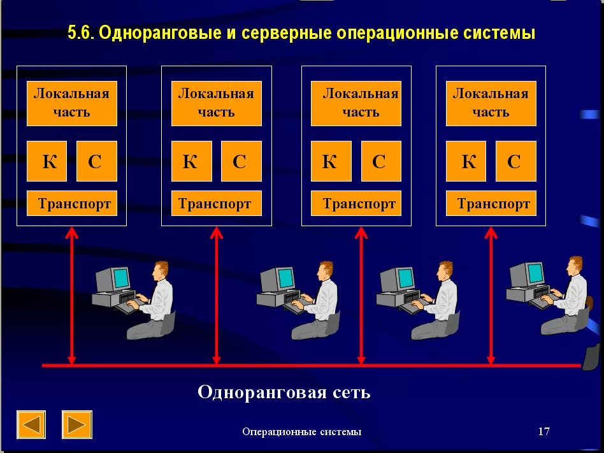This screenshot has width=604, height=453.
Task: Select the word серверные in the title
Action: [284, 33]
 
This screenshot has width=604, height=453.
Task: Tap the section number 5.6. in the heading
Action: [82, 33]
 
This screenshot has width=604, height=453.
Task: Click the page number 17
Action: [543, 431]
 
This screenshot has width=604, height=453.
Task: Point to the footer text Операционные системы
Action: [302, 432]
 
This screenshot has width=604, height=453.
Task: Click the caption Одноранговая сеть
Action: [284, 391]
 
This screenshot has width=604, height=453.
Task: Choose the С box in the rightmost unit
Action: [515, 161]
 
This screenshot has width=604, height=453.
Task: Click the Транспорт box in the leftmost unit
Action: [72, 203]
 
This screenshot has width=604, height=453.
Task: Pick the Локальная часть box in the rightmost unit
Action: [491, 103]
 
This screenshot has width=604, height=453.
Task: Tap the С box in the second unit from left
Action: [241, 161]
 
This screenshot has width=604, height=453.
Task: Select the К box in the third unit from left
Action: [331, 161]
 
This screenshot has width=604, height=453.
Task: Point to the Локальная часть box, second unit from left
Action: [216, 103]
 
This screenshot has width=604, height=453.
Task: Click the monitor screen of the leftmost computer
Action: [120, 278]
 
